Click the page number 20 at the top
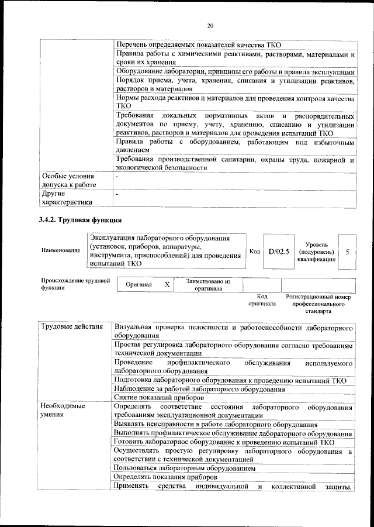coord(210,26)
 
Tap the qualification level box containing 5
coord(347,251)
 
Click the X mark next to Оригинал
coord(167,284)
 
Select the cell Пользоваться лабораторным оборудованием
coord(185,469)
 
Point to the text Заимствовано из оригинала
coord(209,285)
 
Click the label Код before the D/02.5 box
coord(254,251)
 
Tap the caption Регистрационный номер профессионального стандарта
coord(318,304)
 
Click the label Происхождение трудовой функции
coord(75,284)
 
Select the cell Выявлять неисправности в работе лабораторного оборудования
coord(216,424)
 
